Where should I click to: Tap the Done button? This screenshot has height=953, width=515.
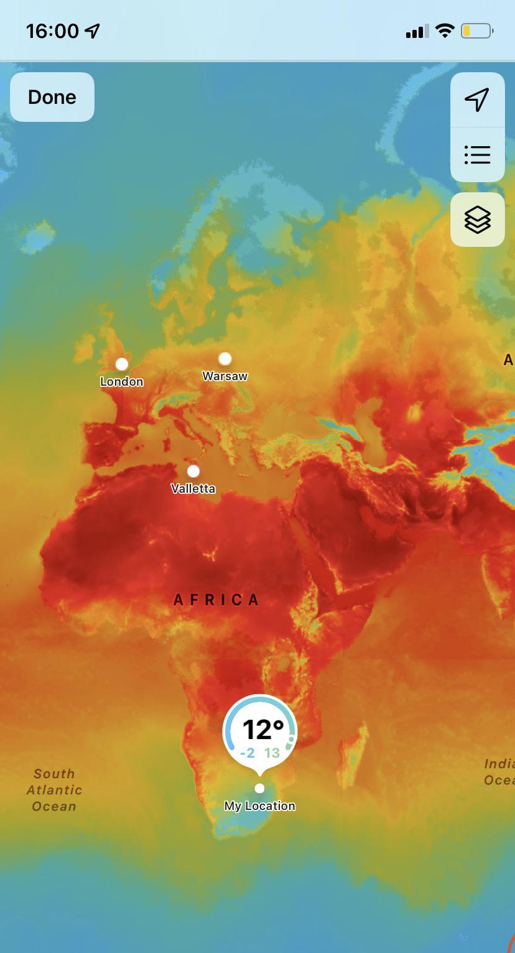[x=52, y=97]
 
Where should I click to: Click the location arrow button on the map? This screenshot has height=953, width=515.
[x=477, y=100]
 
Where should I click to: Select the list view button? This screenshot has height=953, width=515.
[x=477, y=154]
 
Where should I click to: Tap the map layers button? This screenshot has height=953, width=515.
[x=477, y=220]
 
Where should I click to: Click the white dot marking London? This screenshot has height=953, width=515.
[x=122, y=364]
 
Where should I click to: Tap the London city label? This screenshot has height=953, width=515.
[x=122, y=381]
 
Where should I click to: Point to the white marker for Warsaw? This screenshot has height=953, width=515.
[x=225, y=358]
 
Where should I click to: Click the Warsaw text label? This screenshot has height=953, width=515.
[x=225, y=376]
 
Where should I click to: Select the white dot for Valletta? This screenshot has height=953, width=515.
[x=193, y=471]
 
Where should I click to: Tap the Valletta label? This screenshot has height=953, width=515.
[x=193, y=488]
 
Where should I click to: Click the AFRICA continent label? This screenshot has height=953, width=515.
[x=216, y=600]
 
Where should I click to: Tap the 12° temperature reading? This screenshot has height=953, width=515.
[x=262, y=729]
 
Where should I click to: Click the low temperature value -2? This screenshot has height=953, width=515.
[x=248, y=753]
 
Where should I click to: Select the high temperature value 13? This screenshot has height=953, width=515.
[x=272, y=753]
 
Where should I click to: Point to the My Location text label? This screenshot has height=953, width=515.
[x=260, y=806]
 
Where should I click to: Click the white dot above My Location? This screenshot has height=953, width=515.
[x=260, y=788]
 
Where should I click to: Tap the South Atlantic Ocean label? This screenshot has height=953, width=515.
[x=54, y=790]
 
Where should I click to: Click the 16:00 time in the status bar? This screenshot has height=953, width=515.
[x=53, y=30]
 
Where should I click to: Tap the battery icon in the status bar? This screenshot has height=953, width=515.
[x=477, y=30]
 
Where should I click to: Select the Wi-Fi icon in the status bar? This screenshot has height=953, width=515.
[x=445, y=30]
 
